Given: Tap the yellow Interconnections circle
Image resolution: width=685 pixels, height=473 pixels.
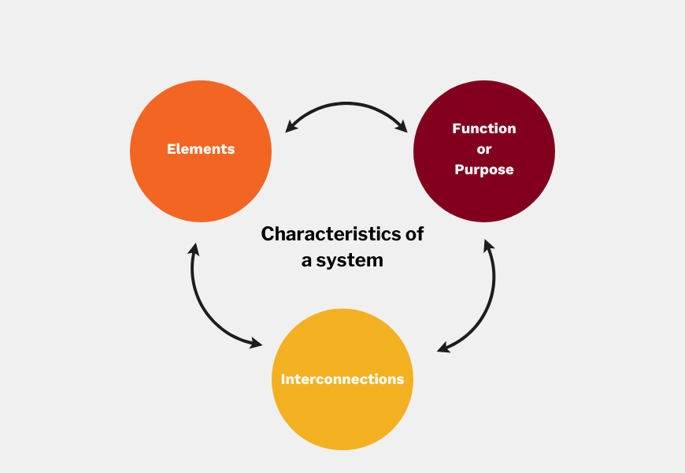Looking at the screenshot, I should (x=342, y=410).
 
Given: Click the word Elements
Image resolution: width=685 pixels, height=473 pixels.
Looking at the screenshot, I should (x=201, y=149).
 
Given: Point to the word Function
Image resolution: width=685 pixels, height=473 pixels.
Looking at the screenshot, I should (x=484, y=128).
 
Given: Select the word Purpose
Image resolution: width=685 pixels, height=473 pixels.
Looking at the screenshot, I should (x=484, y=169).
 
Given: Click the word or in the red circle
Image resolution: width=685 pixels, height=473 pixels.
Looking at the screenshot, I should (x=484, y=149).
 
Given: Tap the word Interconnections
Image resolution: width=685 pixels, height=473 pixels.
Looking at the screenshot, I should (x=342, y=379).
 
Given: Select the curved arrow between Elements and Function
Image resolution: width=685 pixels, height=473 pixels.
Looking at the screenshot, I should (x=346, y=104).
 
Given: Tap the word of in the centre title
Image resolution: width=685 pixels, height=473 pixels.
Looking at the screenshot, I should (x=415, y=234).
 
